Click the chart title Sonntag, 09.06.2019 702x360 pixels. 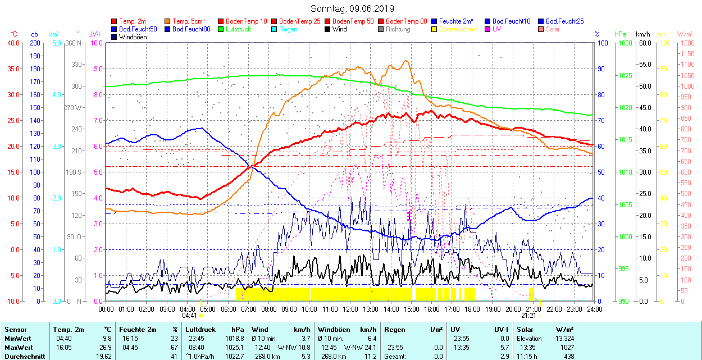[x=352, y=8]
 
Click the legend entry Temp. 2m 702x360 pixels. [x=133, y=21]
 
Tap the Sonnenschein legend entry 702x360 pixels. [x=458, y=29]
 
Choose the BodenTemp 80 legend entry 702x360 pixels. [x=406, y=21]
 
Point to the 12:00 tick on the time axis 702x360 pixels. [x=350, y=309]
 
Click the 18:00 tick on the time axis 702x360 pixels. [x=472, y=309]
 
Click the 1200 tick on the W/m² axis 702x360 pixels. [x=687, y=43]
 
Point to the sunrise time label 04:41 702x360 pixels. [x=189, y=316]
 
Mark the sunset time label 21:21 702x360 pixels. [x=529, y=316]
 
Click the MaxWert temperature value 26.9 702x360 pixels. [x=105, y=347]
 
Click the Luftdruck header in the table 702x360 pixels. [x=200, y=330]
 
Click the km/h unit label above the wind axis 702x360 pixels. [x=643, y=34]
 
